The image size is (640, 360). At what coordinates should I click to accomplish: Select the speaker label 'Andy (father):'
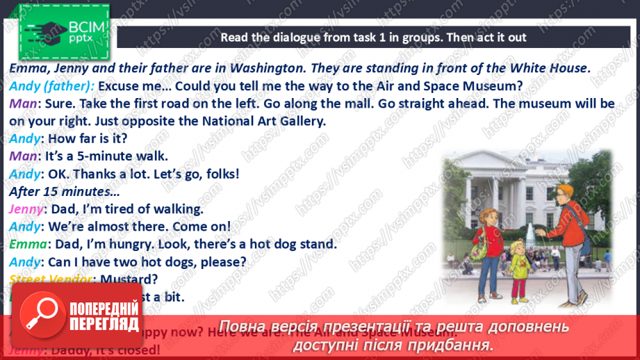(52, 86)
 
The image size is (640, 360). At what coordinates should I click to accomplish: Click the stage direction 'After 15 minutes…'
(64, 191)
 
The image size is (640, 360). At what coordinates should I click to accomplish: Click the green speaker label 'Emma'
(28, 244)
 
